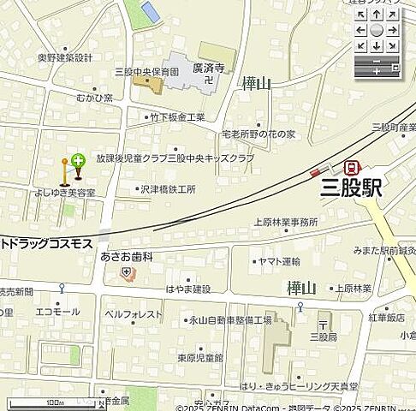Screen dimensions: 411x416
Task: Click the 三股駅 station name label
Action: (x=351, y=188)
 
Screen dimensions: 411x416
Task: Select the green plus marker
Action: (x=78, y=160)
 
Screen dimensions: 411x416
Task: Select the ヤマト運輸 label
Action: (x=279, y=261)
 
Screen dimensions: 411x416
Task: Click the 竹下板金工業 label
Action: (x=177, y=116)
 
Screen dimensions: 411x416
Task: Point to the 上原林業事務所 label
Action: (x=285, y=222)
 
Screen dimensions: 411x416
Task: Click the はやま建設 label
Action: (x=189, y=289)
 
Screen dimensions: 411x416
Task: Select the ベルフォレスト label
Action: (x=134, y=314)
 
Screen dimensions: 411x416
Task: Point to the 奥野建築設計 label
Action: (x=65, y=57)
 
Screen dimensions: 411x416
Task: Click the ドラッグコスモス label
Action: (x=47, y=244)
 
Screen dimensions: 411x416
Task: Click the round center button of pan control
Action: (x=377, y=30)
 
